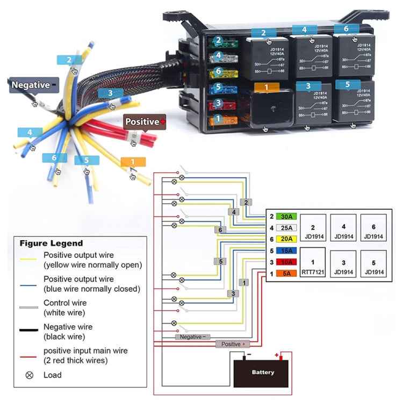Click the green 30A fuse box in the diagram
pyautogui.click(x=287, y=217)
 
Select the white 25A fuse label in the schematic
pyautogui.click(x=287, y=228)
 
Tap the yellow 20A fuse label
pyautogui.click(x=287, y=239)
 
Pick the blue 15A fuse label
pyautogui.click(x=287, y=250)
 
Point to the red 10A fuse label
pyautogui.click(x=287, y=262)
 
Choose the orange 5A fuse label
pyautogui.click(x=287, y=273)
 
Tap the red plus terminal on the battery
pyautogui.click(x=278, y=356)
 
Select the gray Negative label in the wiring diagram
pyautogui.click(x=192, y=337)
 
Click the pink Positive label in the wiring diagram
pyautogui.click(x=233, y=344)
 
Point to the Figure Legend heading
pyautogui.click(x=52, y=243)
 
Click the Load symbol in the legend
pyautogui.click(x=30, y=375)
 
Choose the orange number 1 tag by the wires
pyautogui.click(x=133, y=162)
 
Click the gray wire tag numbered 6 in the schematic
pyautogui.click(x=220, y=230)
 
